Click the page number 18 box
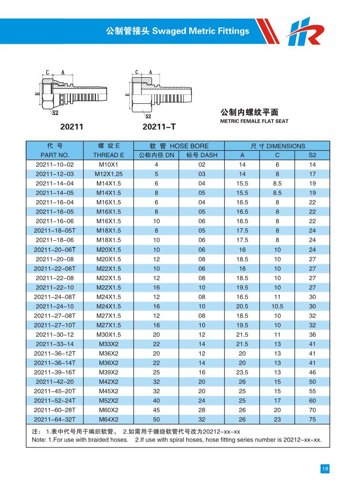(x=324, y=469)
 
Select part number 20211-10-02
(x=55, y=165)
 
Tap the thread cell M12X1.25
(x=109, y=174)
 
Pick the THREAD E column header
(x=109, y=155)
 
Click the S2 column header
(x=312, y=155)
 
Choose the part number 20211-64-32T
(x=55, y=420)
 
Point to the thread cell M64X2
(x=109, y=420)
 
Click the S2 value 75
(x=312, y=420)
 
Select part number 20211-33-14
(x=55, y=344)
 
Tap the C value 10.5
(x=277, y=306)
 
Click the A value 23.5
(x=242, y=372)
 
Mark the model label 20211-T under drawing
(x=159, y=127)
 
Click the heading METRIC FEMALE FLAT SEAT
(x=254, y=121)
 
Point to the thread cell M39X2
(x=109, y=372)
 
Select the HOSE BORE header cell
(x=179, y=146)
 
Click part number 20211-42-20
(x=55, y=382)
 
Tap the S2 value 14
(x=312, y=165)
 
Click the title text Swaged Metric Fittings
(x=200, y=31)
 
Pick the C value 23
(x=277, y=420)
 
